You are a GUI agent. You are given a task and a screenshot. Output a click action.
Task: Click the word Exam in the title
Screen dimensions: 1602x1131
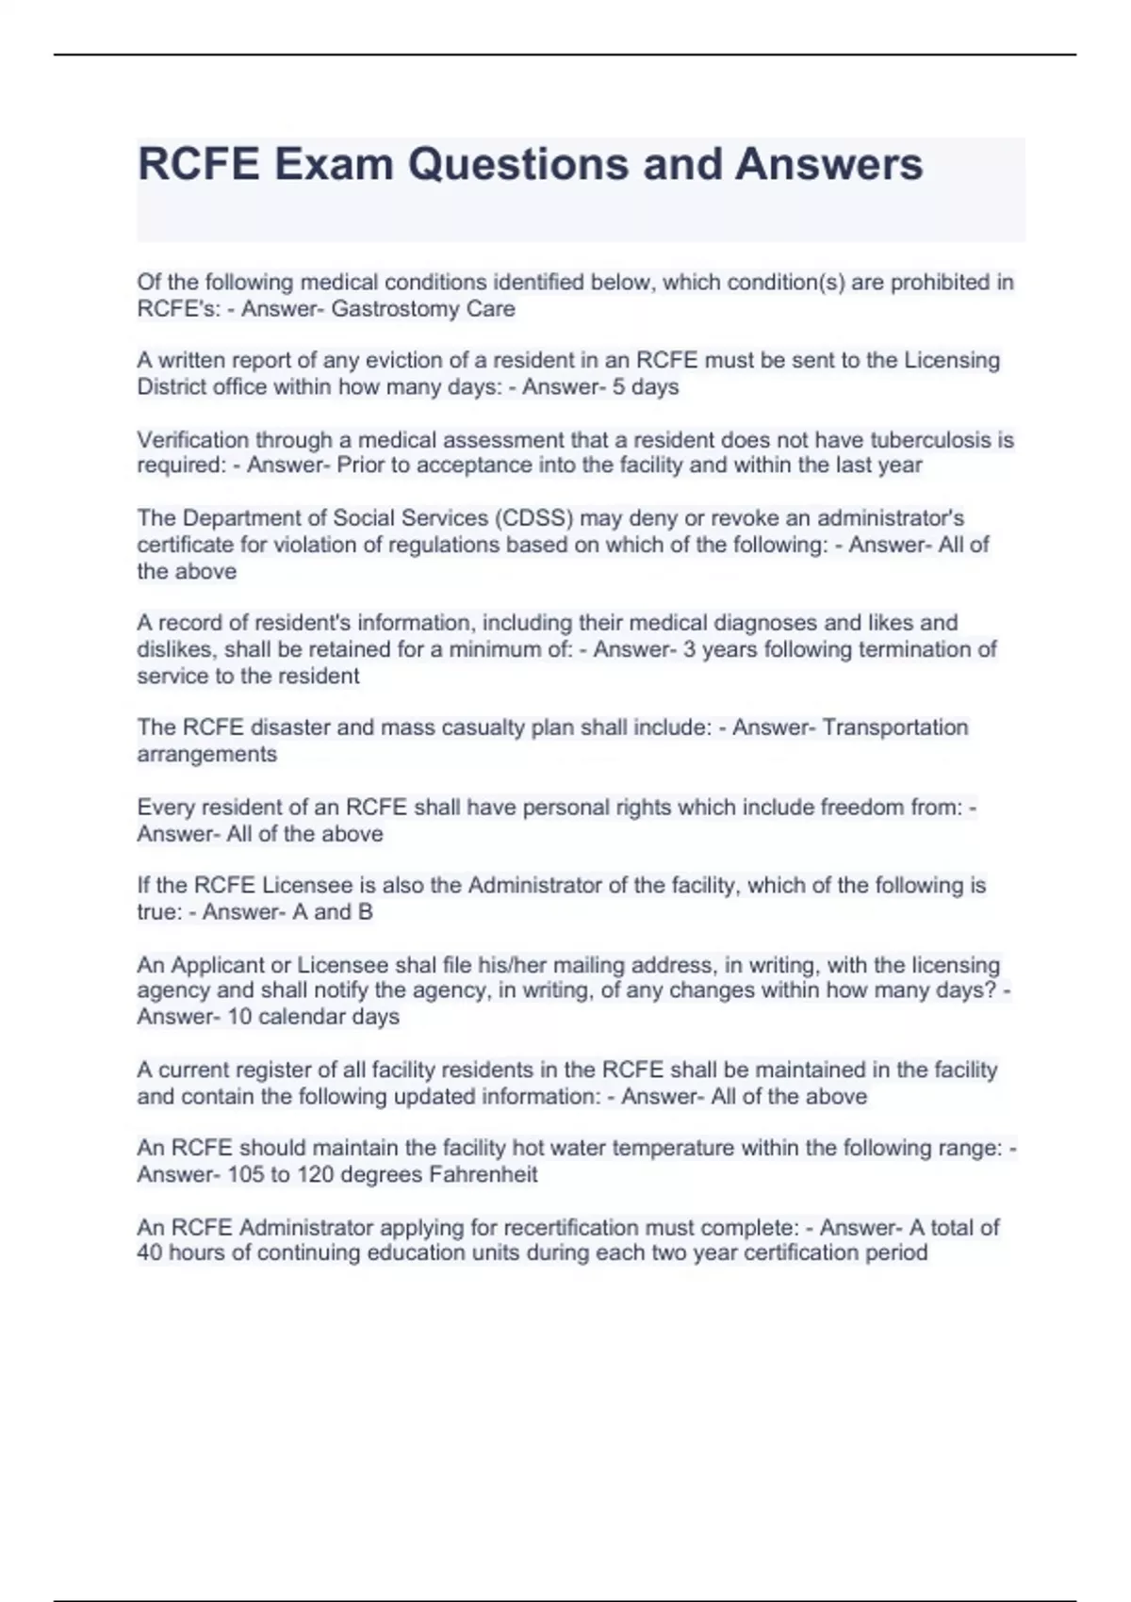[333, 164]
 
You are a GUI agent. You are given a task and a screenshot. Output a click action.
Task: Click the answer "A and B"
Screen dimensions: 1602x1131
[330, 912]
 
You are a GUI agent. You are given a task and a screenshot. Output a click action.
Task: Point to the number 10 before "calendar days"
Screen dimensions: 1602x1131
[239, 1017]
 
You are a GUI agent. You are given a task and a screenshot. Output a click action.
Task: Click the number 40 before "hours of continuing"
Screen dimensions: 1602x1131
[149, 1253]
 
